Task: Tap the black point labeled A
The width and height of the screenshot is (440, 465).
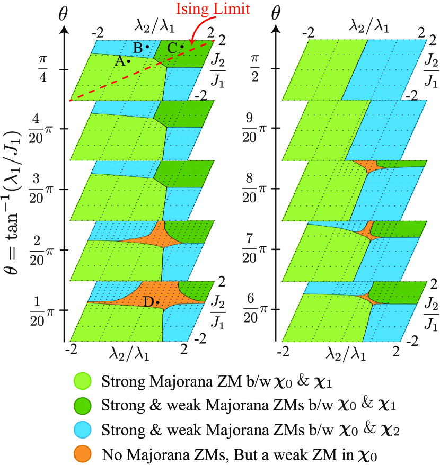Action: point(129,61)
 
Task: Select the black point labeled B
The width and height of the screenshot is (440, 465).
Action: point(147,47)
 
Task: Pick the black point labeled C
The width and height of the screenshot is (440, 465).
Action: point(182,47)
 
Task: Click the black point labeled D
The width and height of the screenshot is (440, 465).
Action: point(158,302)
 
